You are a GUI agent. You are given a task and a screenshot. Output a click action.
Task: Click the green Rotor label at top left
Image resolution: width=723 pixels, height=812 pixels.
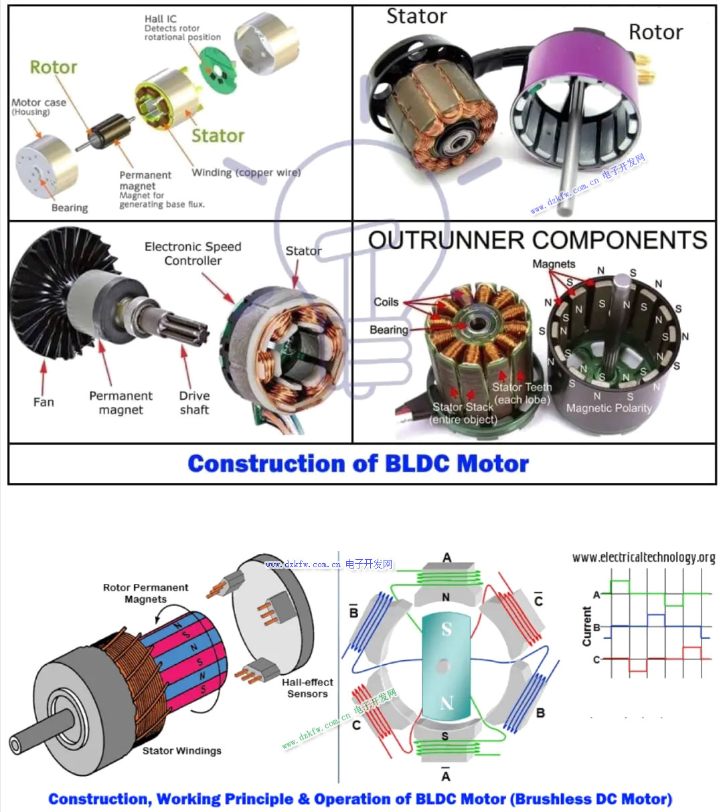(54, 68)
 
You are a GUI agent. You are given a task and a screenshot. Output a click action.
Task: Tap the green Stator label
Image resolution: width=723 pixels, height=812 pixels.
(218, 136)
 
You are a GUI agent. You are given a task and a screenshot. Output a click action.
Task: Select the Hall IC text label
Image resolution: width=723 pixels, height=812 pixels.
(161, 19)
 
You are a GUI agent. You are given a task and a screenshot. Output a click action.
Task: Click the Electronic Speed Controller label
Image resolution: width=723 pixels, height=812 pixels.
(193, 253)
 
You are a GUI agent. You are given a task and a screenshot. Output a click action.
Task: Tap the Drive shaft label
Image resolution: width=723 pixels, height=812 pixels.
(194, 403)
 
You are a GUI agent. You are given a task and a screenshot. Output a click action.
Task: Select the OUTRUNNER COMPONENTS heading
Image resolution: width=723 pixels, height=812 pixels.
(537, 240)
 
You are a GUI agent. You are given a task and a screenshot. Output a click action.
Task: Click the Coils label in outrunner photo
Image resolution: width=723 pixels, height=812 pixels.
(386, 302)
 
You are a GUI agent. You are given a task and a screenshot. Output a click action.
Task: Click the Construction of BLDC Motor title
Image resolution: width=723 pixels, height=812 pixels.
(358, 464)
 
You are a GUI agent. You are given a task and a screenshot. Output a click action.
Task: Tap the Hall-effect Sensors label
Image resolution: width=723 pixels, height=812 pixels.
(307, 688)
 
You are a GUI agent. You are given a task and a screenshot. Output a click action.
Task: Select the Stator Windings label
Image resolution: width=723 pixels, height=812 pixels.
(181, 750)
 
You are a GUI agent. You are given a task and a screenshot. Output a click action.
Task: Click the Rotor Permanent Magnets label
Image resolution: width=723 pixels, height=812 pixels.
(145, 593)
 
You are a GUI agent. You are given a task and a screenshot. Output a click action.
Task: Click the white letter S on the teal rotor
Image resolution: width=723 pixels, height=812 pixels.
(447, 629)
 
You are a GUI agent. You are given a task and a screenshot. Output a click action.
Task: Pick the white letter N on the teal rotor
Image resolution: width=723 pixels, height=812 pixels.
(447, 702)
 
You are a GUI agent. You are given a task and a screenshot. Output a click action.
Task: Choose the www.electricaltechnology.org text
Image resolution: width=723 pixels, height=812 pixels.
(643, 557)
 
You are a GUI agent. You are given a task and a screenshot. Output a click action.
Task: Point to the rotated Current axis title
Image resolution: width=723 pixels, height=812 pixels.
(587, 626)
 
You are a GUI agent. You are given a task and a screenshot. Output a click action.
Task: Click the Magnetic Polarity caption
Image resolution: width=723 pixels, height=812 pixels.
(609, 408)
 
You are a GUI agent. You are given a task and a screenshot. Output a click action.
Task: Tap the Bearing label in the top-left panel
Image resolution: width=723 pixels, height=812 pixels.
(70, 208)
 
